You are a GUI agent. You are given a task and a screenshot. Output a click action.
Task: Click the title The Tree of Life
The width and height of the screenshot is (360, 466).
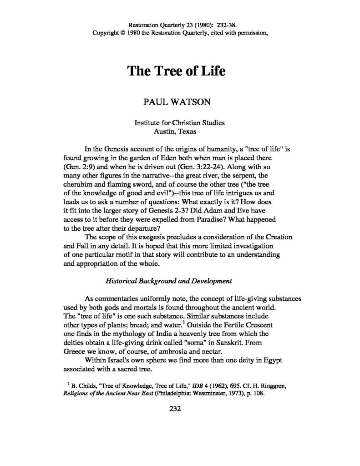pos(176,71)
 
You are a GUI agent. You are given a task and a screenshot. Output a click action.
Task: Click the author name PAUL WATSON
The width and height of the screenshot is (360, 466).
pos(177,101)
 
